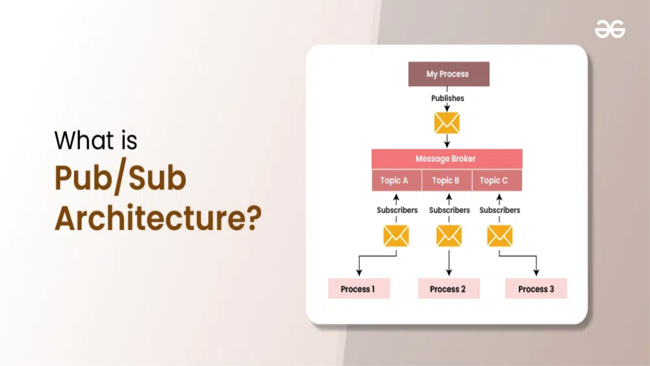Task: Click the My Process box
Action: (449, 74)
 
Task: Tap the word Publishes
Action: (448, 98)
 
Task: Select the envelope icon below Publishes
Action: (447, 123)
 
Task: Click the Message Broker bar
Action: (447, 159)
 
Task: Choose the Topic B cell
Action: (446, 180)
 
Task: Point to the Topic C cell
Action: (496, 180)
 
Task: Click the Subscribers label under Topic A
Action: (397, 210)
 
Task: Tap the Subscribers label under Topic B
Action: (449, 210)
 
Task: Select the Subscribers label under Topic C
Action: (500, 210)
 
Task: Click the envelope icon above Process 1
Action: (396, 236)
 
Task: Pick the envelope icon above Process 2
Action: (449, 236)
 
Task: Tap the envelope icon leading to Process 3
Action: (500, 236)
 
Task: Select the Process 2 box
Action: (449, 289)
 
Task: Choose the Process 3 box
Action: (536, 289)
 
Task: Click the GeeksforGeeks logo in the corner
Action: (610, 29)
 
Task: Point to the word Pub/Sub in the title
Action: (120, 178)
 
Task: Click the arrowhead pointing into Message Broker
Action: (447, 145)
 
